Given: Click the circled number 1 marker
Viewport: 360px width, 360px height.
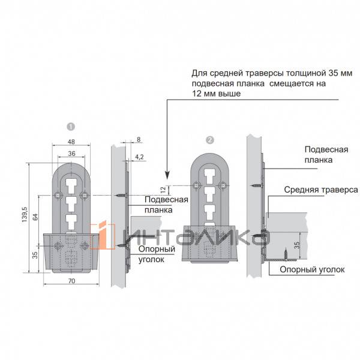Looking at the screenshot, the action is point(71,127).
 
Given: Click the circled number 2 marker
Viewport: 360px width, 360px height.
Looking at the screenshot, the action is point(210,140).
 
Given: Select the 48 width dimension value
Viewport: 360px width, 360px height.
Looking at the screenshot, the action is point(71,142).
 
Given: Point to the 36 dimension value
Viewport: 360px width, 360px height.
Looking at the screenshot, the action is point(71,154).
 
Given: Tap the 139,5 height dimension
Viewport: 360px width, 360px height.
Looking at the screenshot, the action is point(25,214).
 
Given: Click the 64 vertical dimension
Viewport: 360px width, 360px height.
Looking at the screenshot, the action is point(35,217).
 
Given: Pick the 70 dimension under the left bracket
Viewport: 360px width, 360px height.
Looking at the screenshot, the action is point(71,281).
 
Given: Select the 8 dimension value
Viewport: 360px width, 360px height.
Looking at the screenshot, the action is point(139,139).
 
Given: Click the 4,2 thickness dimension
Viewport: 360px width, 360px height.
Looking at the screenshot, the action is point(139,157).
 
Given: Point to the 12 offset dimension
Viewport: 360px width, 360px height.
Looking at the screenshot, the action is point(163,190).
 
